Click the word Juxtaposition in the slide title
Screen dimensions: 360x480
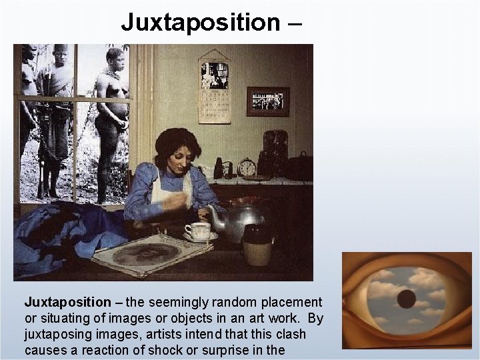point(201,22)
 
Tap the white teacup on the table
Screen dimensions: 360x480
point(197,230)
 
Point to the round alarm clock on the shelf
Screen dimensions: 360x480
point(246,167)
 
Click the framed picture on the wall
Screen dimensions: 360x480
point(267,101)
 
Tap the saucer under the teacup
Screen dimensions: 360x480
point(199,237)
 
